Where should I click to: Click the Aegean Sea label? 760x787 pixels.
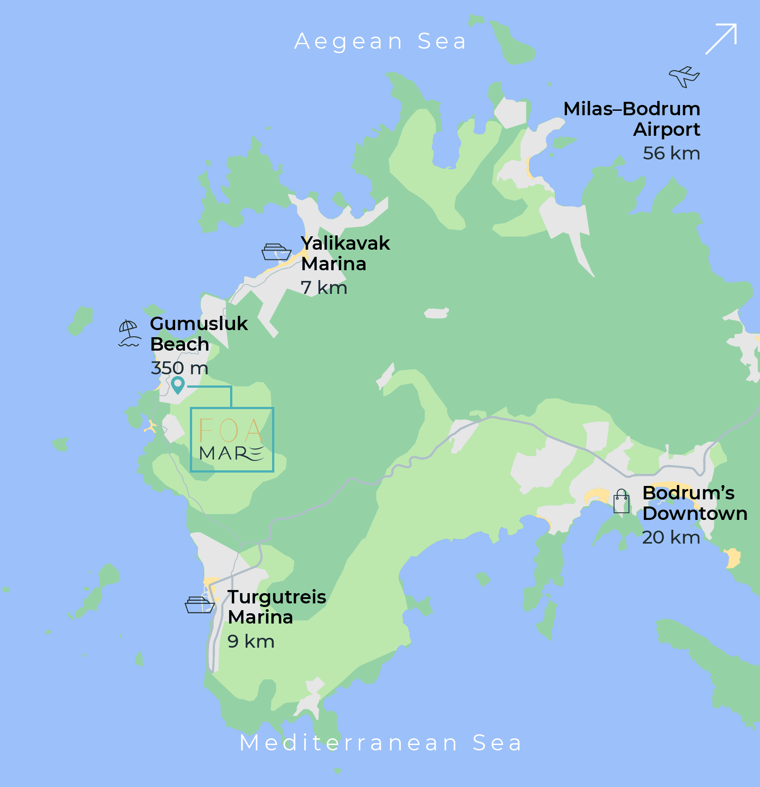(380, 42)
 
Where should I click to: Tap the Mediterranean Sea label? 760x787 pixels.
(381, 743)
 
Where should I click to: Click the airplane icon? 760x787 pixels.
(684, 76)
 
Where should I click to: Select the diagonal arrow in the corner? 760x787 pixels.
(721, 39)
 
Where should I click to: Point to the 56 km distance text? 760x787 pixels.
(671, 153)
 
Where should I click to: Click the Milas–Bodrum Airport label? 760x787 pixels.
(632, 119)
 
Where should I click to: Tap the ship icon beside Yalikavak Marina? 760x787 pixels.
(276, 252)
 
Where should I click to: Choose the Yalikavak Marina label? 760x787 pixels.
(345, 253)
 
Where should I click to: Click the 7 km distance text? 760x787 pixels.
(323, 288)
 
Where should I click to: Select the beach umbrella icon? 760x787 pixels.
(129, 334)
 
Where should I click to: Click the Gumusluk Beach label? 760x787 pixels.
(198, 334)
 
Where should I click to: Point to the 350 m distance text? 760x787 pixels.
(180, 368)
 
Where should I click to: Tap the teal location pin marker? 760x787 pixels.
(178, 385)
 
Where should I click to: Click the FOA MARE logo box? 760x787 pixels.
(232, 440)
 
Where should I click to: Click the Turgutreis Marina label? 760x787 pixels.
(277, 607)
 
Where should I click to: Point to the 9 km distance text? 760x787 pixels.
(251, 641)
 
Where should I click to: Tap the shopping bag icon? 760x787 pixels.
(621, 501)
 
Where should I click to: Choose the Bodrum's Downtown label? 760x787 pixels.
(695, 503)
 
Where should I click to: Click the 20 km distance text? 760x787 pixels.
(671, 537)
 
